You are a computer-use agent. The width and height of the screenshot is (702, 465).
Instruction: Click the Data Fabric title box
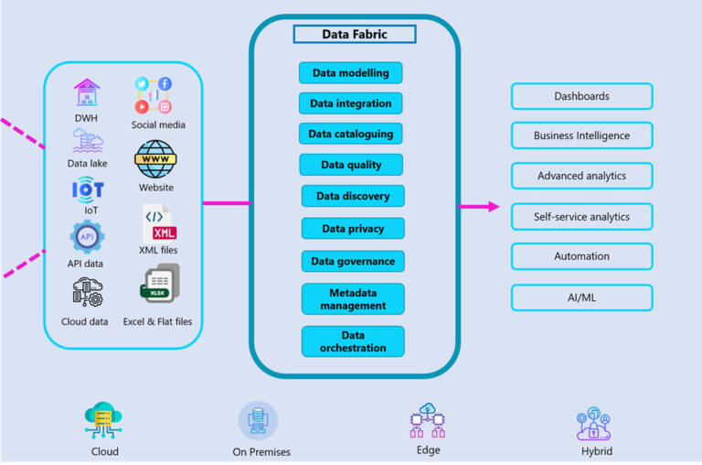click(355, 35)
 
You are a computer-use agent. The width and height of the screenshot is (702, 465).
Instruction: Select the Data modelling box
click(350, 73)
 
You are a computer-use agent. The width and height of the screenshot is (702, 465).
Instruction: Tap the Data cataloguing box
click(350, 134)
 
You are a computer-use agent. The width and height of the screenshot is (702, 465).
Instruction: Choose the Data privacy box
click(353, 229)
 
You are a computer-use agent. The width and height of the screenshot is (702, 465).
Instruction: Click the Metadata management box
click(353, 299)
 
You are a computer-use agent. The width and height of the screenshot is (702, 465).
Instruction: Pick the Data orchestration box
click(353, 341)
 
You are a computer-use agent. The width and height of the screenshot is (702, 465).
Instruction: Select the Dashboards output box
click(581, 96)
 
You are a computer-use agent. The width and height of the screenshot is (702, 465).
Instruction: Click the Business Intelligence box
click(581, 135)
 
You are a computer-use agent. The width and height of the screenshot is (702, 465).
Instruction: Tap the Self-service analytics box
click(581, 217)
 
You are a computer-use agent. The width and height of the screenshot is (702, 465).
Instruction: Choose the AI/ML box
click(581, 297)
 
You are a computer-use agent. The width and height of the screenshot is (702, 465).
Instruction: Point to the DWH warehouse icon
click(87, 92)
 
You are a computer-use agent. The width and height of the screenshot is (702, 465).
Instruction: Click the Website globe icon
click(155, 158)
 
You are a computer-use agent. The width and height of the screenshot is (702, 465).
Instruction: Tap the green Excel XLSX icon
click(159, 286)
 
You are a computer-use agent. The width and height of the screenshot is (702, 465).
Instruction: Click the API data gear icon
click(87, 237)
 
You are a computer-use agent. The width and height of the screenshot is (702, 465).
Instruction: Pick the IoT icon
click(88, 189)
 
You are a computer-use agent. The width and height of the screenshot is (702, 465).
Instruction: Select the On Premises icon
click(258, 421)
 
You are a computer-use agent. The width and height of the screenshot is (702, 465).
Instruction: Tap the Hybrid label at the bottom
click(597, 451)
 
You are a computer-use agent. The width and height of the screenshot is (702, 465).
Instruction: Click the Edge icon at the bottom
click(427, 421)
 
